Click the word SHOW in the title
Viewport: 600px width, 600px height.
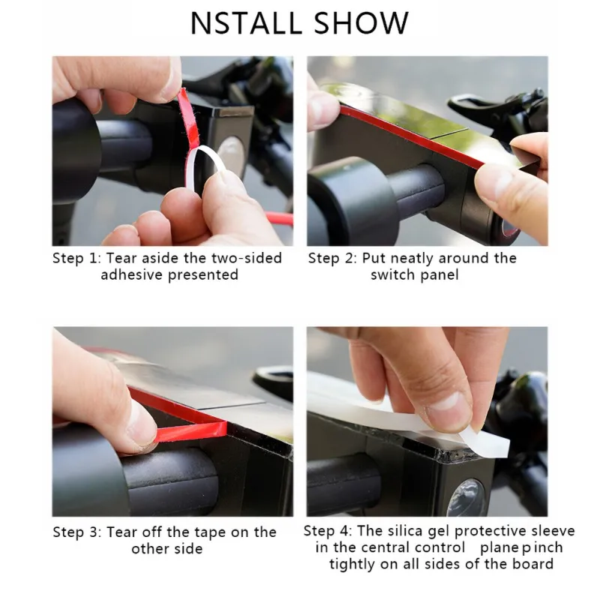(x=361, y=23)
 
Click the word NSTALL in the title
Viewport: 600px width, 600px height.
(x=246, y=23)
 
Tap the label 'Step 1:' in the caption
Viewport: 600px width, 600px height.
(x=77, y=259)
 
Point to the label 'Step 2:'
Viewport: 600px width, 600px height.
(x=332, y=259)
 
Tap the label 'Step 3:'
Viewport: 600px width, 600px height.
(x=77, y=532)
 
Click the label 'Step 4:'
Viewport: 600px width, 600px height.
(x=328, y=531)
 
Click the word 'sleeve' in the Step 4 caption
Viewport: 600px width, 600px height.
(x=553, y=531)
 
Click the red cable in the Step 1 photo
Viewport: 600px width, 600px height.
(x=280, y=219)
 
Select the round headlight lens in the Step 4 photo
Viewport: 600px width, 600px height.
(x=466, y=496)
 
